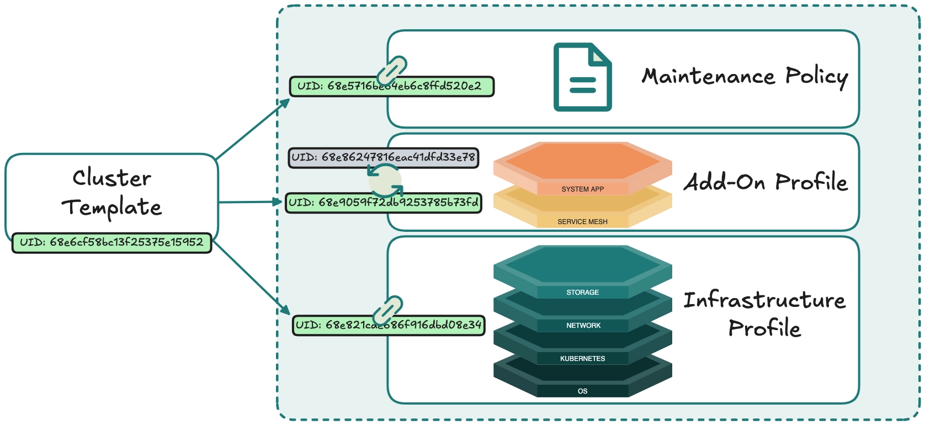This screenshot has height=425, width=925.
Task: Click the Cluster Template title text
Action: point(111,192)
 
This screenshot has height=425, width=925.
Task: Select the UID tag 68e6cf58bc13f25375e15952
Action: point(111,242)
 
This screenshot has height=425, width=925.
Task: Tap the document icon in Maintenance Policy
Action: point(582,77)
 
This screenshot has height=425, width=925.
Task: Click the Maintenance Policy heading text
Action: point(745,77)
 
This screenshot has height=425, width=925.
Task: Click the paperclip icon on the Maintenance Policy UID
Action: point(392,71)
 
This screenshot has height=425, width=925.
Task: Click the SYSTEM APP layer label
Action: point(582,189)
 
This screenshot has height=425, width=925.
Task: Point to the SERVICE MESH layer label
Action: point(582,221)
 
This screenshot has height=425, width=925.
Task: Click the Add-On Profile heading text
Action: point(765,182)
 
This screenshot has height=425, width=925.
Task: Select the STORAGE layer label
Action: point(582,292)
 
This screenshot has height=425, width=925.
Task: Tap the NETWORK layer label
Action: point(583,325)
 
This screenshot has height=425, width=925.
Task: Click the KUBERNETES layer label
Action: point(582,358)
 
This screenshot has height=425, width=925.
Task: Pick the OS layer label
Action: point(582,391)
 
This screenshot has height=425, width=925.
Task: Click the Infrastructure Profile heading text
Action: point(764,314)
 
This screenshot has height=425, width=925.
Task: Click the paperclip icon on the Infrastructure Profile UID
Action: point(387,310)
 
